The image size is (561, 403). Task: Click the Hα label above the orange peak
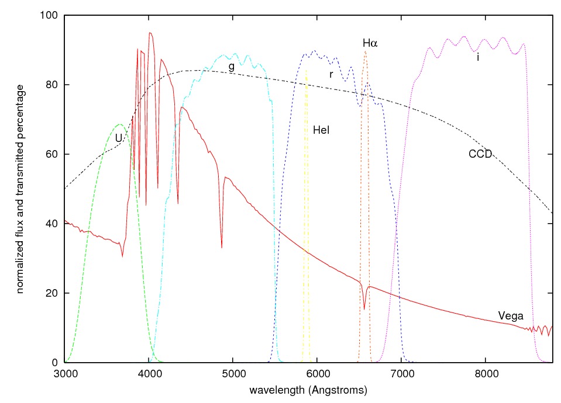coord(370,43)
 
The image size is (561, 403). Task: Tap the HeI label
coord(321,130)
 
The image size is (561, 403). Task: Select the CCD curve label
coord(480,154)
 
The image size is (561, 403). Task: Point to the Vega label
coord(510,316)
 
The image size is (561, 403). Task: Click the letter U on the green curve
coord(119,138)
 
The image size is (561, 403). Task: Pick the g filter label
coord(232,67)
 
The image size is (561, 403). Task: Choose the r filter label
coord(331,74)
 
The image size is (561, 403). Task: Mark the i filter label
coord(479,57)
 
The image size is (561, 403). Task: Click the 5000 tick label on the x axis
coord(233,374)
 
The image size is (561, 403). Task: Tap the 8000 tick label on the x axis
coord(486,374)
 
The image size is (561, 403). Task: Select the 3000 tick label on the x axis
coord(64,374)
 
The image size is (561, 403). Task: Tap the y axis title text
coord(20,188)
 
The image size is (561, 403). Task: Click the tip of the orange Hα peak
coord(365,51)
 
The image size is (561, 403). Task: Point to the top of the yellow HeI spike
coord(306,70)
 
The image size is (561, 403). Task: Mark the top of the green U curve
coord(120,124)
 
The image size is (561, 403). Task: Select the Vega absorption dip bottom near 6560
coord(364,309)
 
